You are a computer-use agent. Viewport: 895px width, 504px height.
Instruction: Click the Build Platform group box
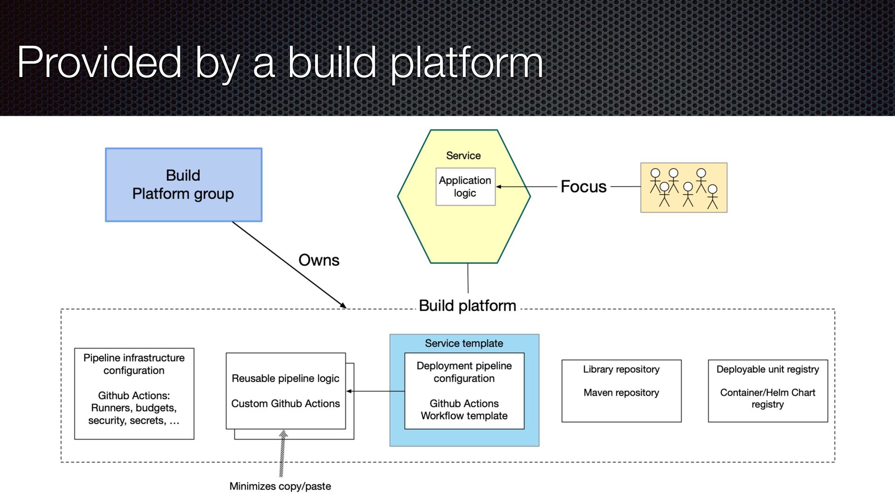(x=184, y=185)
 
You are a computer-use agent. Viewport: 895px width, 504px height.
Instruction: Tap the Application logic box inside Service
(x=465, y=187)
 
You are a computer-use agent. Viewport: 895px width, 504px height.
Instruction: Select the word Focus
(x=584, y=187)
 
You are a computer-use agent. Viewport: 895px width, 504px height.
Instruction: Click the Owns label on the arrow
(x=319, y=260)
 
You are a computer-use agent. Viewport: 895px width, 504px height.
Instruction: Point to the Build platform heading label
(x=468, y=306)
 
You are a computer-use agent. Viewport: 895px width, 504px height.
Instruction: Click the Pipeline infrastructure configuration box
(x=134, y=393)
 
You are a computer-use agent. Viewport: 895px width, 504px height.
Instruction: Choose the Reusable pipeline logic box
(x=286, y=391)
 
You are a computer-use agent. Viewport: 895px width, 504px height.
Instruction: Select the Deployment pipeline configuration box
(x=464, y=391)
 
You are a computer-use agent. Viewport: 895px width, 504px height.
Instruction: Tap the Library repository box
(x=621, y=391)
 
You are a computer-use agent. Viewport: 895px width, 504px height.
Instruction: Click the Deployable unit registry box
(x=768, y=391)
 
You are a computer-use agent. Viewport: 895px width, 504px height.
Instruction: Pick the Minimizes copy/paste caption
(x=280, y=486)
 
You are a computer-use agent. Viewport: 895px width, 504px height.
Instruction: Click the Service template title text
(x=464, y=343)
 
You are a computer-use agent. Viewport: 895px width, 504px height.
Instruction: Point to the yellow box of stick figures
(x=684, y=188)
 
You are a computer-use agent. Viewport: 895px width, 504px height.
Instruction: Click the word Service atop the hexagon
(x=463, y=155)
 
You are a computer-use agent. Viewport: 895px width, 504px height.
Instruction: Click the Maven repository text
(x=621, y=392)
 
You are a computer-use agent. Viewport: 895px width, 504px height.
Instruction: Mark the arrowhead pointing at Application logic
(x=499, y=187)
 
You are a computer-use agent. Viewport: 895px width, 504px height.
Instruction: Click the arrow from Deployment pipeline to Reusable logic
(x=375, y=391)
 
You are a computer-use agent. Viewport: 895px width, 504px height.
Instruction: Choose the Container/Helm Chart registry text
(x=768, y=399)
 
